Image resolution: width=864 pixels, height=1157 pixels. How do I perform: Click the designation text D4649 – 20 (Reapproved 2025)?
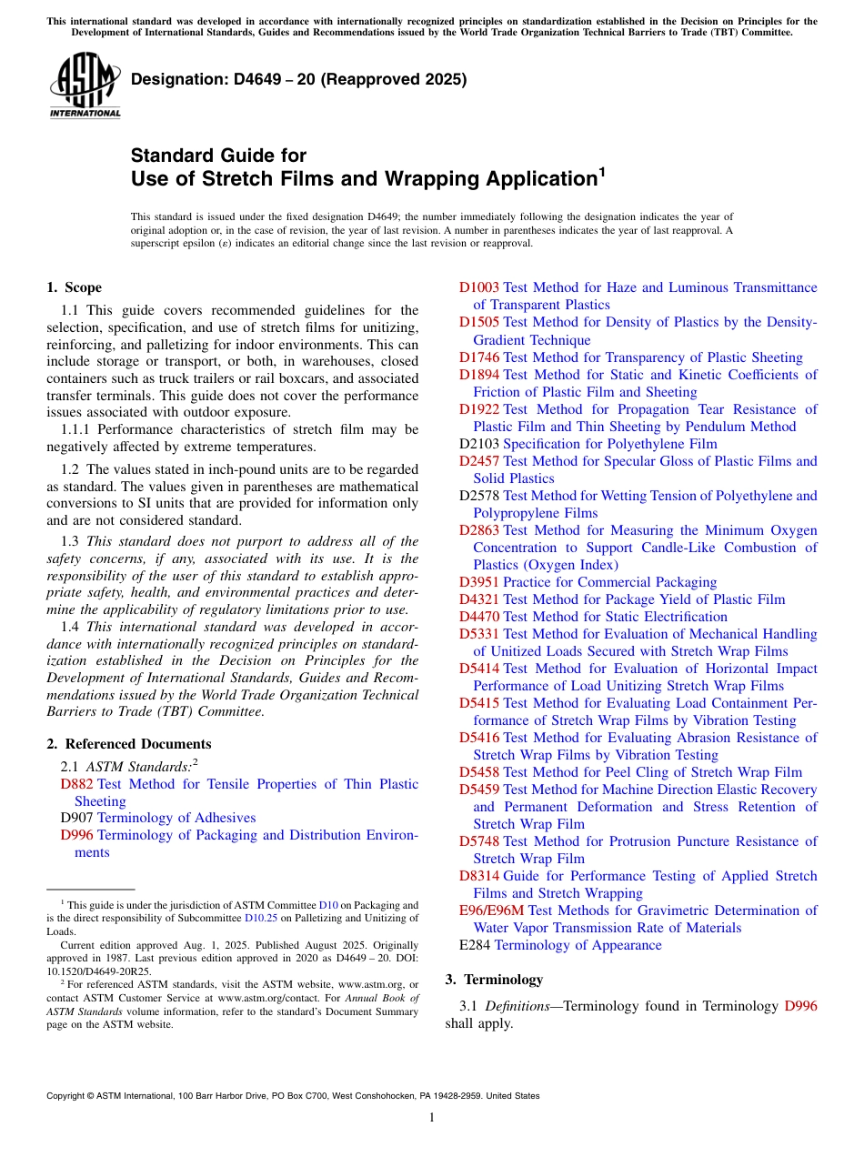(299, 79)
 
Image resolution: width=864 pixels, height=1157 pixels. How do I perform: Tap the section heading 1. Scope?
(74, 287)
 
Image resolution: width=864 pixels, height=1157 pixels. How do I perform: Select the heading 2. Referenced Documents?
(128, 744)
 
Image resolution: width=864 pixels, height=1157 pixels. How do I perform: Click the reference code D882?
(76, 784)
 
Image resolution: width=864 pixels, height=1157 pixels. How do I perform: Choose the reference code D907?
(76, 818)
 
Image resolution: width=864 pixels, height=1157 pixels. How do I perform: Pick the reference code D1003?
(478, 287)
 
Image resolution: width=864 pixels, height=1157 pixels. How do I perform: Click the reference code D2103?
(478, 444)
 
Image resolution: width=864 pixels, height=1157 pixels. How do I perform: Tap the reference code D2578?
(478, 496)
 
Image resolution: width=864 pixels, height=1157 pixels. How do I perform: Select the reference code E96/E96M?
(491, 911)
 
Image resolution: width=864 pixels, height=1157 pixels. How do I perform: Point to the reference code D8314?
(478, 876)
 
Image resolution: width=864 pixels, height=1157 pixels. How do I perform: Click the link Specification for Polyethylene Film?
(609, 444)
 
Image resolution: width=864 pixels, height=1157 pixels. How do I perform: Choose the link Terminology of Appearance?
(578, 945)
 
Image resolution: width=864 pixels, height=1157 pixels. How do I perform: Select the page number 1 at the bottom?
(432, 1117)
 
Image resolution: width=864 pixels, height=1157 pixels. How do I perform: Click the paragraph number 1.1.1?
(76, 429)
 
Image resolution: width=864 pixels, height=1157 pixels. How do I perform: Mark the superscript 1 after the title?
(601, 170)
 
